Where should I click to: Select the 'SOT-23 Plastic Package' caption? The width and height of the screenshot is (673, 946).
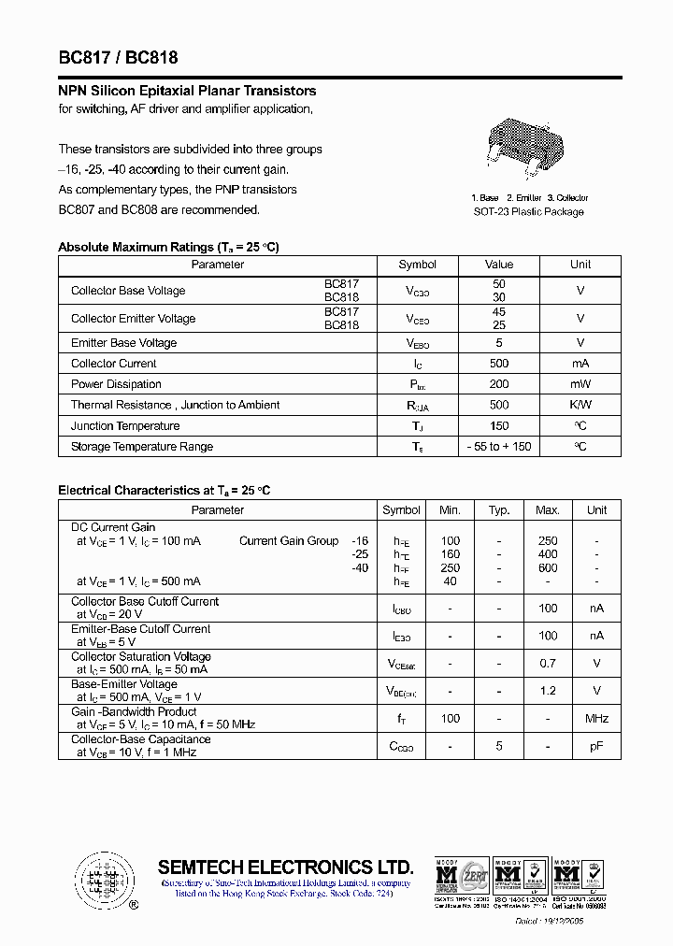click(528, 211)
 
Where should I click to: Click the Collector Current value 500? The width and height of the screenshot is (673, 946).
click(499, 364)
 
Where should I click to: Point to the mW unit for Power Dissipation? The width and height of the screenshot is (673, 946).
click(580, 384)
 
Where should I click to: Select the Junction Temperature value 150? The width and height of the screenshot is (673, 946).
click(499, 425)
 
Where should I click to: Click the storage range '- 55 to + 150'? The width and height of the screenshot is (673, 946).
click(499, 447)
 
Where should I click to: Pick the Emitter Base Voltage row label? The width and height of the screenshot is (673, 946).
click(123, 343)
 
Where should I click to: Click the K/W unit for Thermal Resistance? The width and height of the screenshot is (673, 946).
click(580, 405)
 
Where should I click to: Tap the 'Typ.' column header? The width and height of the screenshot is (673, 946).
click(499, 510)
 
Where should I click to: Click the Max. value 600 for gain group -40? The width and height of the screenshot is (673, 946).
click(548, 568)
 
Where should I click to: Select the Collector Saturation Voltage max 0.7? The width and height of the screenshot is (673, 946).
click(548, 664)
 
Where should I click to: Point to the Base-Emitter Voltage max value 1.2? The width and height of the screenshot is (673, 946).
click(548, 691)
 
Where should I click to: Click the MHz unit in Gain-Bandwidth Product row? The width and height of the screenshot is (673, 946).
click(596, 718)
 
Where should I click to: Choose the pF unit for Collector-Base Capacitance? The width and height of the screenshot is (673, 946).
click(596, 746)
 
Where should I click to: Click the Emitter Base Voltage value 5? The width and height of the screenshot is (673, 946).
click(499, 343)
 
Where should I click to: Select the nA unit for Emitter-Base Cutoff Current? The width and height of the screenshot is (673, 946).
click(596, 636)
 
